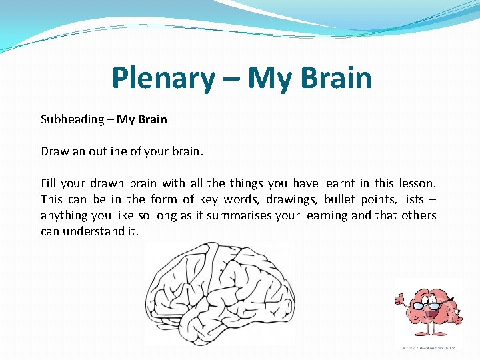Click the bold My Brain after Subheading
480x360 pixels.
(142, 120)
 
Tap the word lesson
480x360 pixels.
(417, 183)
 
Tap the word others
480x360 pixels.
(419, 215)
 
